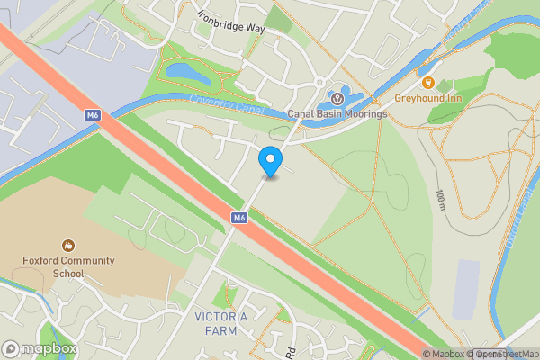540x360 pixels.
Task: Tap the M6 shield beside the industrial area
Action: coord(92,115)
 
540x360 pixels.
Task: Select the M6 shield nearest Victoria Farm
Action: coord(238,218)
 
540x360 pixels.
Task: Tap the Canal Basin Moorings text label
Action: coord(337,114)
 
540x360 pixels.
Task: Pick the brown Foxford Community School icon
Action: coord(67,245)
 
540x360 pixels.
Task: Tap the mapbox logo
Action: coord(40,348)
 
